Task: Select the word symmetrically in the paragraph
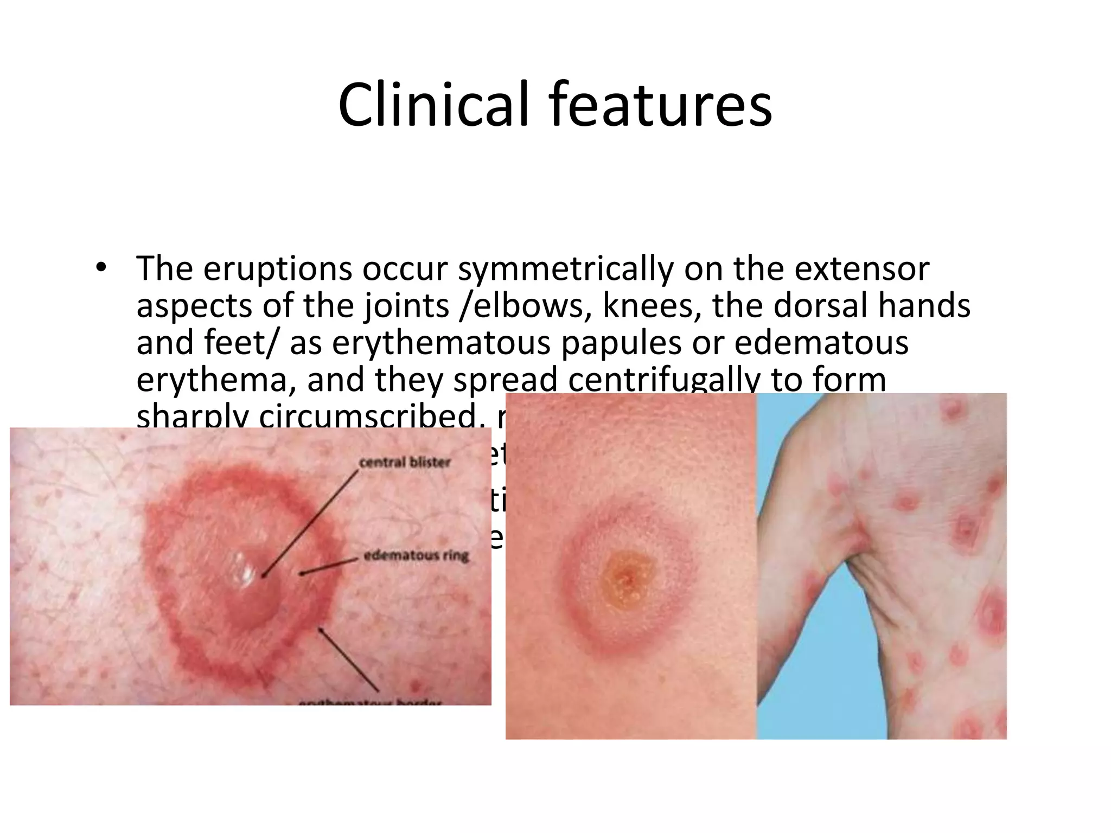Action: tap(564, 270)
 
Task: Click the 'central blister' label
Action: tap(405, 462)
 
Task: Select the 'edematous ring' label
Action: tap(416, 556)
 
